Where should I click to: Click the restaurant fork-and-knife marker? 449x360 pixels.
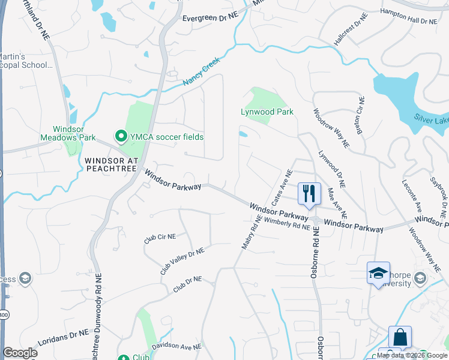(x=309, y=194)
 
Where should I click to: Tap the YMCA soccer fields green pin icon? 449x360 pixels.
(x=120, y=137)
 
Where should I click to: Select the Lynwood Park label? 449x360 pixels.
(x=267, y=112)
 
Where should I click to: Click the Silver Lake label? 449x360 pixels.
(x=431, y=121)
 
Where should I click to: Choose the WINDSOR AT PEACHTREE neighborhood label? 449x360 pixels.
(x=112, y=165)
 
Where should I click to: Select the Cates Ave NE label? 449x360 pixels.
(x=282, y=187)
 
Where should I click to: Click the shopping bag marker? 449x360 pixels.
(x=400, y=337)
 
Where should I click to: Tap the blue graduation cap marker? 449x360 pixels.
(x=379, y=273)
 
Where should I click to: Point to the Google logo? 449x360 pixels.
(x=20, y=353)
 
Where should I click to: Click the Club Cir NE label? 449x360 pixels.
(x=160, y=238)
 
